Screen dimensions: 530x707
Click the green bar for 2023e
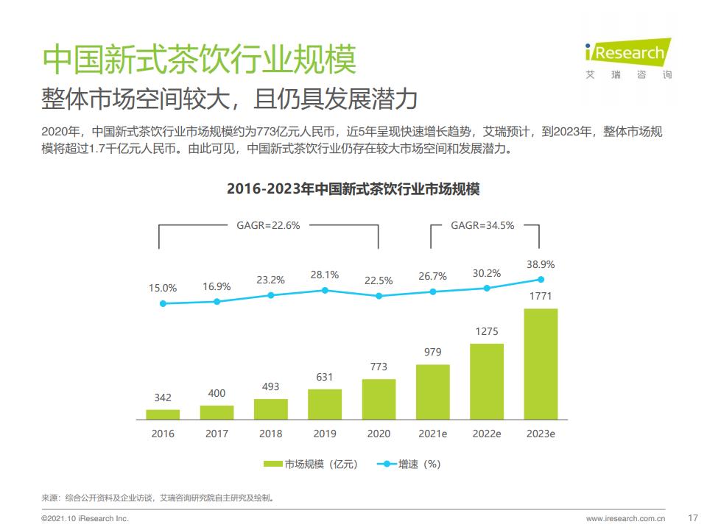click(x=541, y=364)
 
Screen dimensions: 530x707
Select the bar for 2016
click(x=163, y=414)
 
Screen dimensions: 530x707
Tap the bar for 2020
click(x=379, y=399)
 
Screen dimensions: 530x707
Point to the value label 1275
click(x=487, y=331)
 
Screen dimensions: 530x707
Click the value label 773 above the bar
click(x=379, y=367)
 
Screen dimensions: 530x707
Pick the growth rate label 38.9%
click(x=541, y=264)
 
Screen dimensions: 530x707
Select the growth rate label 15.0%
click(x=163, y=288)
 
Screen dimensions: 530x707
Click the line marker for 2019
click(x=325, y=291)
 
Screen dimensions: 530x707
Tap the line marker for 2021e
click(x=433, y=291)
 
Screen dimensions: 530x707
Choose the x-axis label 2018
click(x=270, y=434)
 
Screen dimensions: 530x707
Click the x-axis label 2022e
click(x=487, y=434)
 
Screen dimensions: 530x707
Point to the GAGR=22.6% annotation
click(x=268, y=226)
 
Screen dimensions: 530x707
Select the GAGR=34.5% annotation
click(x=482, y=226)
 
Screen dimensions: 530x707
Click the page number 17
click(x=692, y=517)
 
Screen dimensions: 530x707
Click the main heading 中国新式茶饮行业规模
click(x=199, y=59)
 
